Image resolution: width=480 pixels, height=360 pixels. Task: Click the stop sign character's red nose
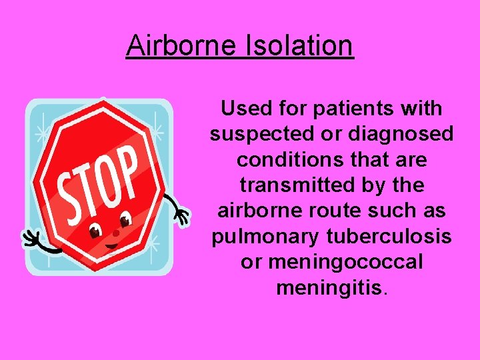115,233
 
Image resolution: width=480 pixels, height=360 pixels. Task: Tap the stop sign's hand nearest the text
180,214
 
